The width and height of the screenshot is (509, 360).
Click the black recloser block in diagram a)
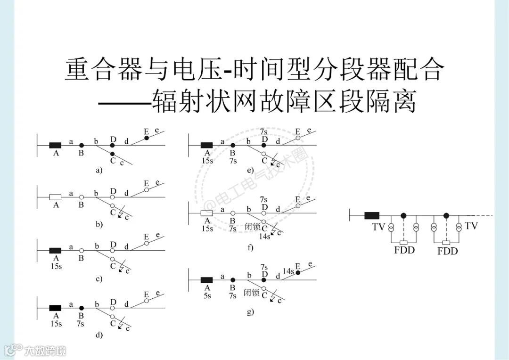point(55,145)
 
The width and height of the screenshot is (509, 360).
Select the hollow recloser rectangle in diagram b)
point(55,197)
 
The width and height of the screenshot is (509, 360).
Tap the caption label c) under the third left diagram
point(99,279)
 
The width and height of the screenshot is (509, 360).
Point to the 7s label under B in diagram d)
point(81,324)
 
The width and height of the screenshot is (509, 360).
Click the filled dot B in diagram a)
point(81,146)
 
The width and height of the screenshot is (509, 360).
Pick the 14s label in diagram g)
point(288,271)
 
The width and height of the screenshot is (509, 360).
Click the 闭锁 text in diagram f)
point(253,226)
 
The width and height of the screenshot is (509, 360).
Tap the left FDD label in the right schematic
point(404,250)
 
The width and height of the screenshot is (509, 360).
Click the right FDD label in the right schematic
point(447,251)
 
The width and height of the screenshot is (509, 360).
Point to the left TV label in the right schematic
point(378,227)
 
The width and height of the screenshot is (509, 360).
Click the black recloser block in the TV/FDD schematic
point(372,216)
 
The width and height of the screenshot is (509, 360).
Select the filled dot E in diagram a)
point(147,138)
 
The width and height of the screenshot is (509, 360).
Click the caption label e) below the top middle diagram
point(250,171)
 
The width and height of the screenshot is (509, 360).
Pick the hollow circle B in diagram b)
point(81,197)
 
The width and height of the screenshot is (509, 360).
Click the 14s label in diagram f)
point(264,236)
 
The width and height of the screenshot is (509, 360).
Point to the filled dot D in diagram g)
point(264,279)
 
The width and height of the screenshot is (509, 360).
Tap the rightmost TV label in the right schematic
point(471,226)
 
